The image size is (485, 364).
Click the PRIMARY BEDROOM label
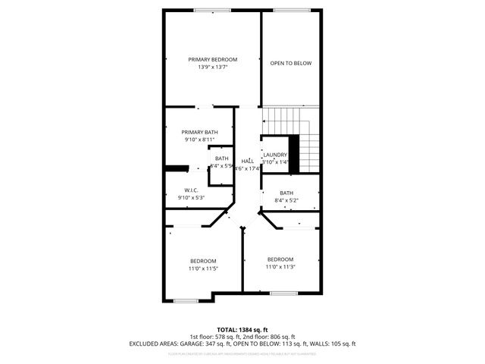tap(213, 59)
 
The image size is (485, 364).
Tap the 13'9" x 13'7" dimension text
tap(213, 67)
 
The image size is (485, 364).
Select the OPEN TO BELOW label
tap(291, 63)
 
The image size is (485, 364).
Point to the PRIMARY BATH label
tap(199, 132)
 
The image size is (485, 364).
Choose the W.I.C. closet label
tap(192, 190)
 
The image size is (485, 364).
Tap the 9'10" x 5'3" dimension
tap(192, 198)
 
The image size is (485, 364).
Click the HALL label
tap(248, 162)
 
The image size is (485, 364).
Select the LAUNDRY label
tap(275, 155)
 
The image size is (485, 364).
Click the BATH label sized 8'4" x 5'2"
tap(286, 193)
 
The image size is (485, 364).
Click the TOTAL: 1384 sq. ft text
tap(242, 328)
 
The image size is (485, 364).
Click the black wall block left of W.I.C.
tap(177, 169)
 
